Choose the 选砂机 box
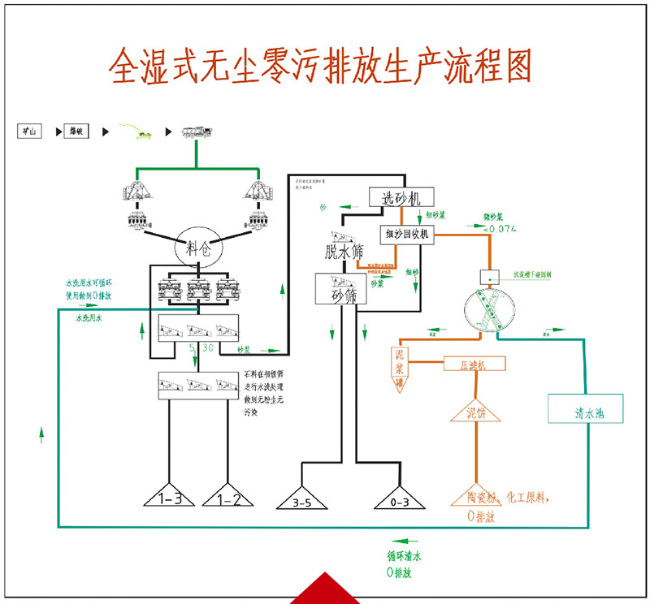[x=401, y=196]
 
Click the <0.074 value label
[x=500, y=230]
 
